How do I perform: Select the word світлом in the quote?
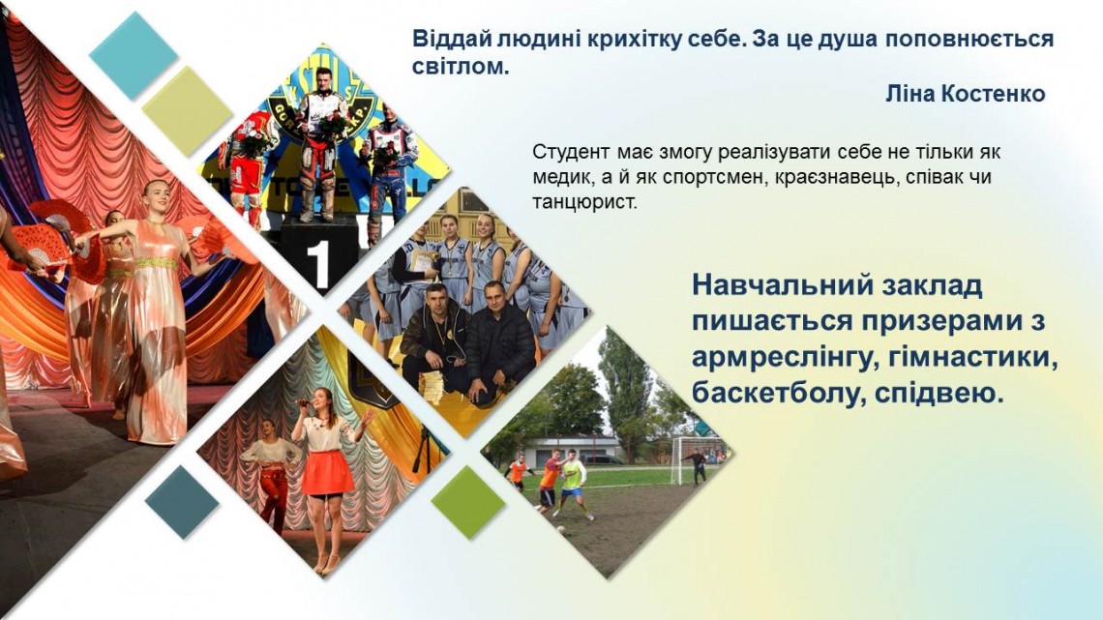(460, 68)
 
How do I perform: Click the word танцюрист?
(584, 202)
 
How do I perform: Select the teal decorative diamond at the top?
(134, 55)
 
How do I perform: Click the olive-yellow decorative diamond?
(187, 110)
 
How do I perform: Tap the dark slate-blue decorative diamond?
(182, 502)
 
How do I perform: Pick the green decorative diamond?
(467, 502)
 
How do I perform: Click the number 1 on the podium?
(318, 266)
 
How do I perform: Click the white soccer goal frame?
(692, 457)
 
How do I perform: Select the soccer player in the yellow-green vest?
(572, 485)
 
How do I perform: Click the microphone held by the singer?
(302, 402)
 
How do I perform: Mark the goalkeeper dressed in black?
(697, 467)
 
